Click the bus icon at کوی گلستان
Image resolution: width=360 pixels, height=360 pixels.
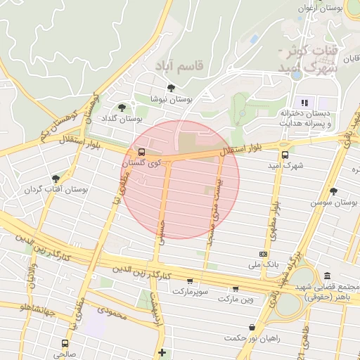[x=142, y=152]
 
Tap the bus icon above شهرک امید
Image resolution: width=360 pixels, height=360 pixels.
[x=285, y=155]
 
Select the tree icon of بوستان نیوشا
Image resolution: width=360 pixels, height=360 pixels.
[x=171, y=88]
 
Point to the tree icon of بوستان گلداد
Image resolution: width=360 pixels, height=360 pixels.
[x=123, y=108]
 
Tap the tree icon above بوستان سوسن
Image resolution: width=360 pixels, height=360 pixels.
[x=333, y=191]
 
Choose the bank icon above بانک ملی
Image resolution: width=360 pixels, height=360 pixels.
[x=263, y=254]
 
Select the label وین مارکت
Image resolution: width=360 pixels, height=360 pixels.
[x=235, y=300]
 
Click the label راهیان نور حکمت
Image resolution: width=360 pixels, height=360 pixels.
[x=252, y=337]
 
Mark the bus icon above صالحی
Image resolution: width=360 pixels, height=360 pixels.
[x=65, y=343]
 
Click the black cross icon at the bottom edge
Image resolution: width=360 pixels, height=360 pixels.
[x=162, y=352]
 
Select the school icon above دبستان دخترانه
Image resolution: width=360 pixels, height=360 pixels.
[x=305, y=103]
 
